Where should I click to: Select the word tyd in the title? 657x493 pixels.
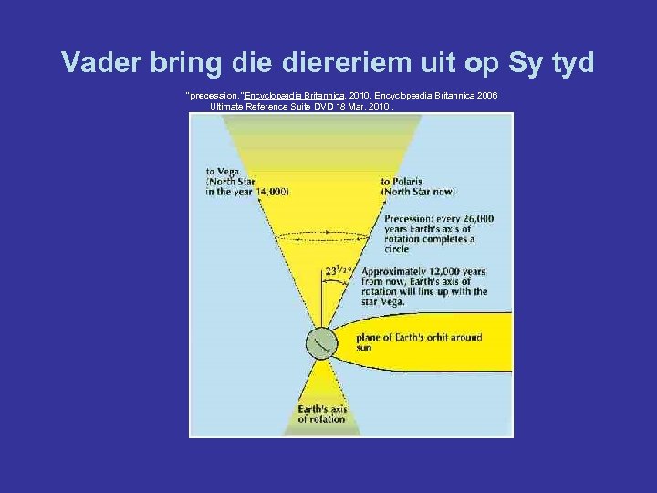pos(570,62)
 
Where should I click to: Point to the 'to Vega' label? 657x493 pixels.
pos(223,171)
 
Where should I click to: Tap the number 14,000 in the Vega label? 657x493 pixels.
pos(272,192)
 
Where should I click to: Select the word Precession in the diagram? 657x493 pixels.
pos(413,219)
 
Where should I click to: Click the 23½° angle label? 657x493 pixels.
pos(339,269)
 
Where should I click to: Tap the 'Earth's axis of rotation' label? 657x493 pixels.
pos(321,414)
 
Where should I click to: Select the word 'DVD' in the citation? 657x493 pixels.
pos(309,106)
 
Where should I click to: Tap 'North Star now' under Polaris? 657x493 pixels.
pos(417,192)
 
